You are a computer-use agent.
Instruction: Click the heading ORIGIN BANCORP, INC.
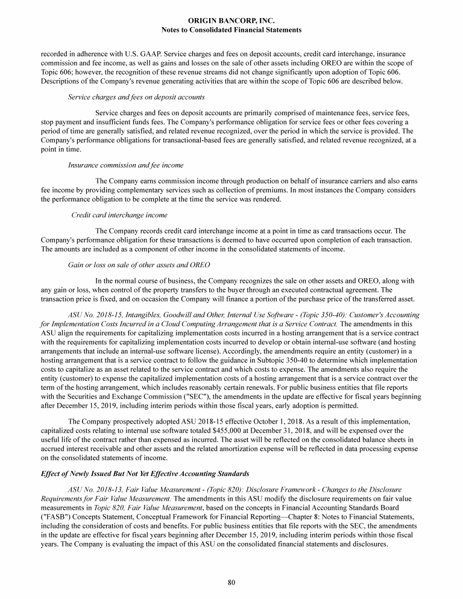[x=231, y=20]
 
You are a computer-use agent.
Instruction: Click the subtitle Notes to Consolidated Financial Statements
[x=231, y=29]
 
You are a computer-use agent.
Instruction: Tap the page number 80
[x=231, y=582]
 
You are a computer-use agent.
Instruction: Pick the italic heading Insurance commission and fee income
[x=126, y=165]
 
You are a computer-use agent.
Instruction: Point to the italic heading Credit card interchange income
[x=119, y=215]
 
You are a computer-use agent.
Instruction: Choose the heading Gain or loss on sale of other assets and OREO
[x=139, y=265]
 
